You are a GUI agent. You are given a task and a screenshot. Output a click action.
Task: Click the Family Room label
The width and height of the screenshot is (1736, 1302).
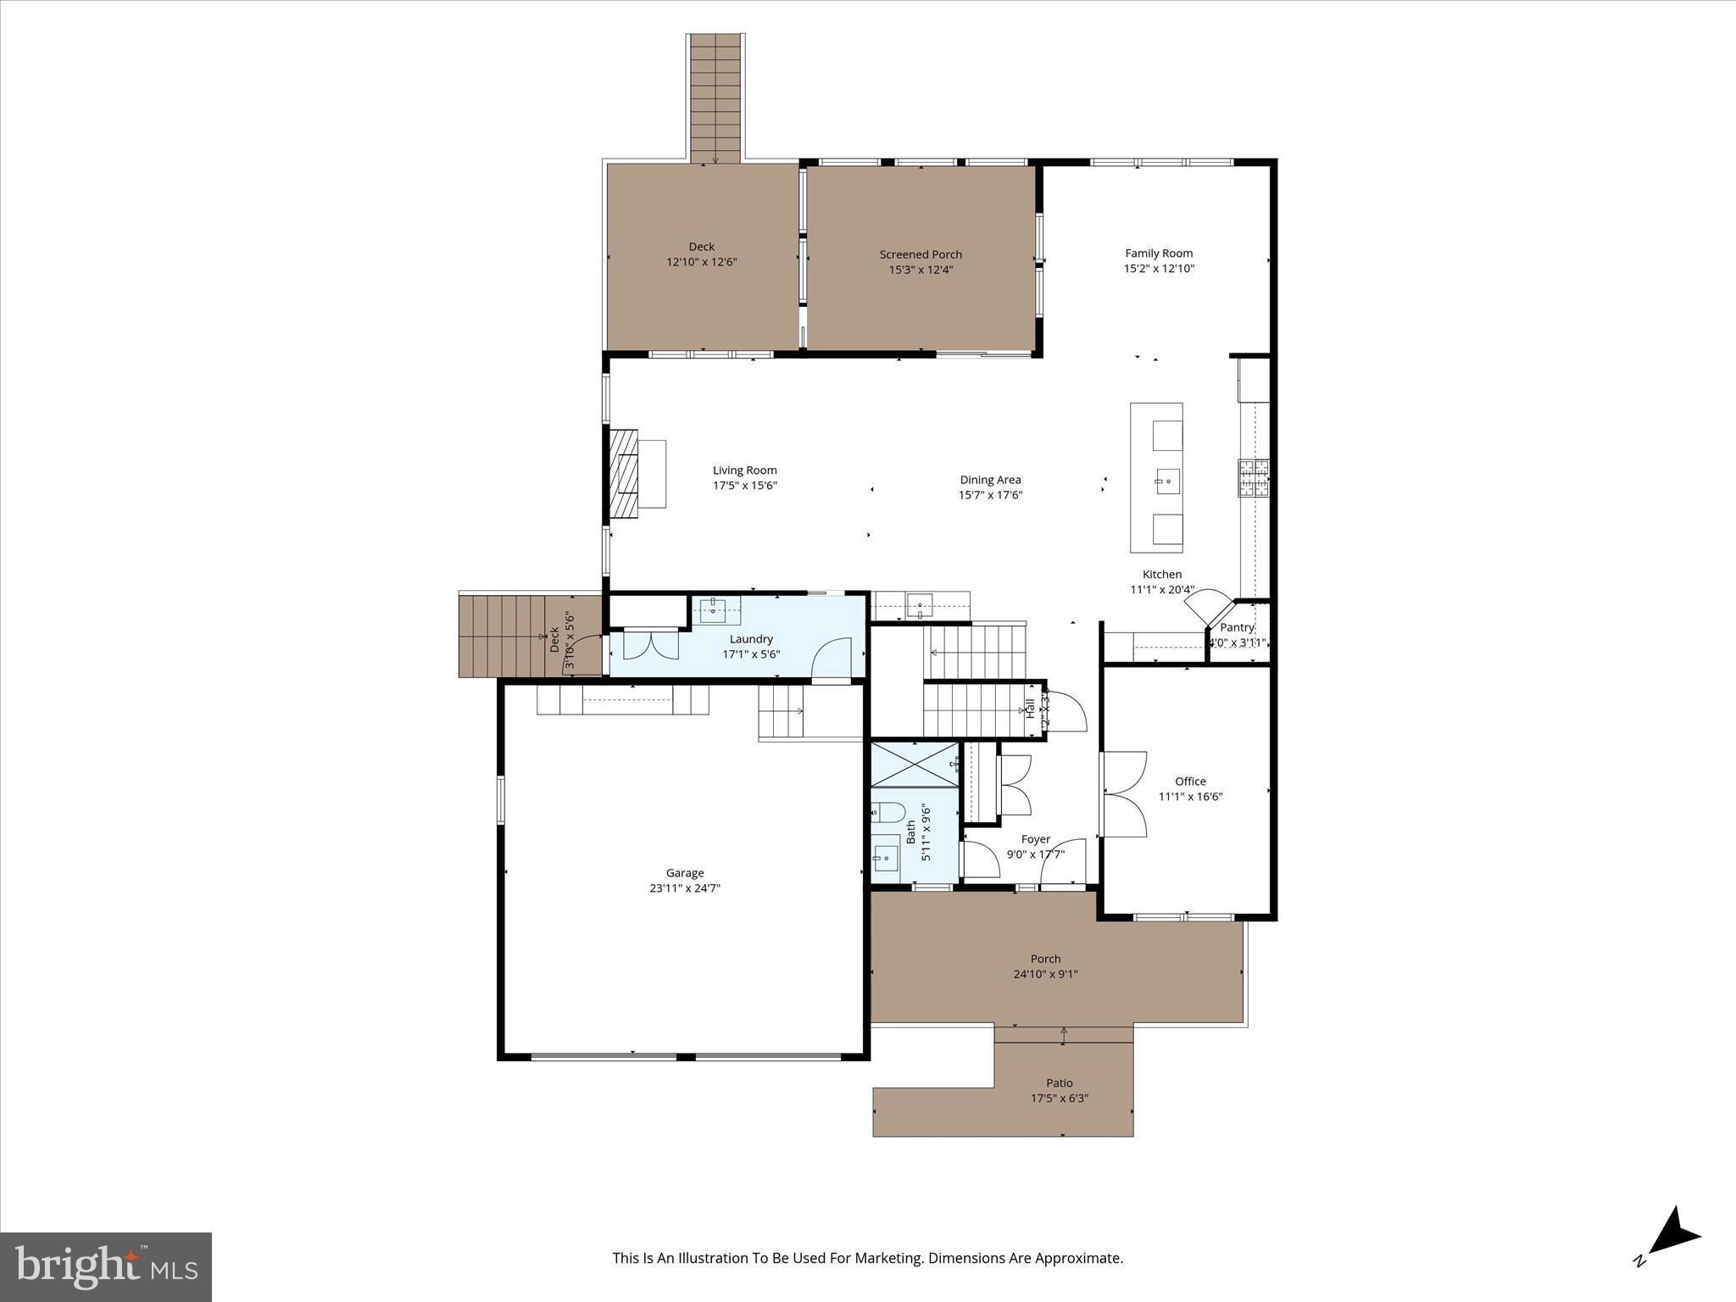[x=1158, y=253]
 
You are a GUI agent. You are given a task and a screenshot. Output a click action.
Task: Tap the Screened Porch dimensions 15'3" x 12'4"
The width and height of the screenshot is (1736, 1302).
[x=921, y=270]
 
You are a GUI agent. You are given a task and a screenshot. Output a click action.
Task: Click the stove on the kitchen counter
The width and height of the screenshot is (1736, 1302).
[x=1254, y=477]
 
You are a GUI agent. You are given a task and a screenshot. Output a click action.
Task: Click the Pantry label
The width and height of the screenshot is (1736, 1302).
[x=1237, y=627]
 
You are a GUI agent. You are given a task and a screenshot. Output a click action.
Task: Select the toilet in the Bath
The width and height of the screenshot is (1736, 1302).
[x=887, y=813]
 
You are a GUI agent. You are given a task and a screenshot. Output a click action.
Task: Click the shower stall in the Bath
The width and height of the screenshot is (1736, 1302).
[x=914, y=764]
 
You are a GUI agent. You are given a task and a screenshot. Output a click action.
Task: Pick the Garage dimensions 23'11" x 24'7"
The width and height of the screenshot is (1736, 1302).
[x=684, y=888]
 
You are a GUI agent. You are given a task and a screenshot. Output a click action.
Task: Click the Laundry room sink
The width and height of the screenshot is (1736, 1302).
[x=714, y=609]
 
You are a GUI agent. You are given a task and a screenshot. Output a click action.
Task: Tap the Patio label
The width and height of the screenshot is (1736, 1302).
[x=1059, y=1082]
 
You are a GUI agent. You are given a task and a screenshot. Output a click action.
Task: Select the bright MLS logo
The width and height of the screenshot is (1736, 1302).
[x=106, y=1267]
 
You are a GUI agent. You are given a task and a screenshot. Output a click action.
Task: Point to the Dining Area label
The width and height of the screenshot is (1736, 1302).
[x=990, y=480]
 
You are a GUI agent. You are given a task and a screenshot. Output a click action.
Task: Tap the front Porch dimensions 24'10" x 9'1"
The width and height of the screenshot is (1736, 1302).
[x=1045, y=974]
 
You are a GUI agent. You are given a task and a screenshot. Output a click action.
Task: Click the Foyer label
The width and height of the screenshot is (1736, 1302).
[x=1035, y=839]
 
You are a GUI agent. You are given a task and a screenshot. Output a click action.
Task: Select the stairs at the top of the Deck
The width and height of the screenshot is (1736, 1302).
[x=715, y=97]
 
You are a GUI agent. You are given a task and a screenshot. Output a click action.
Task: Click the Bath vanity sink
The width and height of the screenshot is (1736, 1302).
[x=885, y=858]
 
